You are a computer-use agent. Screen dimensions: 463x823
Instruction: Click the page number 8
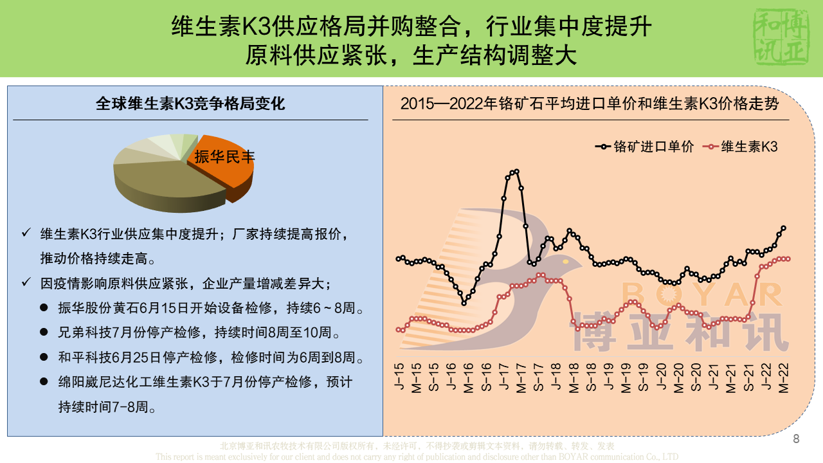tap(796, 439)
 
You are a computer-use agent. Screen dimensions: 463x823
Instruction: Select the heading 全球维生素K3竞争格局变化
tap(190, 104)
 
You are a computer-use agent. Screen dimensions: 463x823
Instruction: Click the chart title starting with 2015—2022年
tap(590, 104)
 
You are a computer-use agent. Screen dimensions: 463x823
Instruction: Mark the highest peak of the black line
tap(516, 171)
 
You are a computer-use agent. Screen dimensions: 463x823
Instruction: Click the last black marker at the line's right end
tap(784, 228)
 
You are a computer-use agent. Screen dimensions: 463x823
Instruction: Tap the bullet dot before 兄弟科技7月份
tap(44, 333)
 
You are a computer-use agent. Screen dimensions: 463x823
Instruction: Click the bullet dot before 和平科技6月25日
tap(44, 358)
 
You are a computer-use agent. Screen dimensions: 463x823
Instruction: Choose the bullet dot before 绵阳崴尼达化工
tap(44, 382)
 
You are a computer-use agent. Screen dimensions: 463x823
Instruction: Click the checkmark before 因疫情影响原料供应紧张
tap(26, 283)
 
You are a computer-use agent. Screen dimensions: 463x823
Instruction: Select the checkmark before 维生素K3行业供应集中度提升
tap(26, 233)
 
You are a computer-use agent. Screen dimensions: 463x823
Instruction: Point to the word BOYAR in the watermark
tap(701, 295)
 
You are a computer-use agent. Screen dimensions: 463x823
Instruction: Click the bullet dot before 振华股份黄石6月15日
tap(44, 309)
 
